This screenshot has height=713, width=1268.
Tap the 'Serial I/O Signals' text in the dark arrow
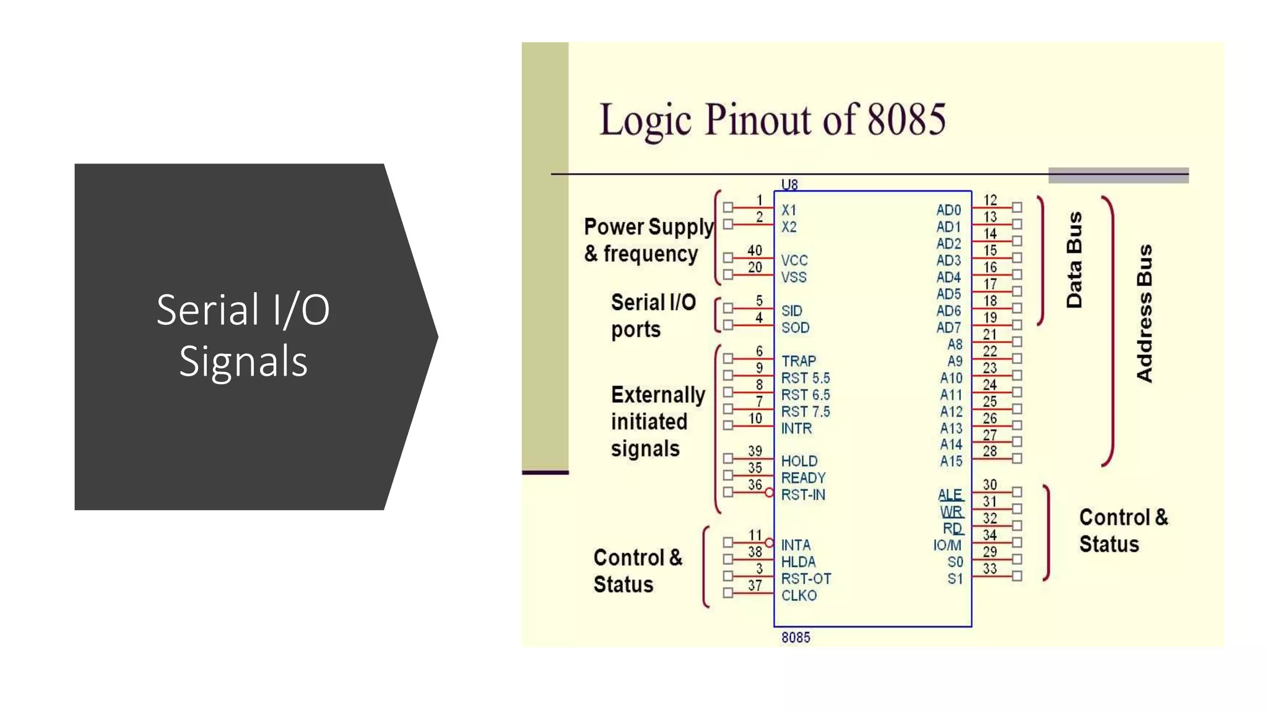pyautogui.click(x=243, y=335)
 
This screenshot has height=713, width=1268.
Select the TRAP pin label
pyautogui.click(x=798, y=361)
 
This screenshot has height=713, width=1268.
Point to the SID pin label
pyautogui.click(x=791, y=311)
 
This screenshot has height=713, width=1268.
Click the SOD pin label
pyautogui.click(x=795, y=327)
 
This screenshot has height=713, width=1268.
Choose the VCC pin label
pyautogui.click(x=794, y=260)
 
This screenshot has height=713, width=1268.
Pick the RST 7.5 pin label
pyautogui.click(x=805, y=412)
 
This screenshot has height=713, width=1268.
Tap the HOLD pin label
pyautogui.click(x=799, y=461)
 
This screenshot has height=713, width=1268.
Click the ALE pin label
pyautogui.click(x=950, y=495)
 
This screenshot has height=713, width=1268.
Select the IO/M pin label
pyautogui.click(x=947, y=545)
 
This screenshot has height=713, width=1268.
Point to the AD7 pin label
pyautogui.click(x=949, y=327)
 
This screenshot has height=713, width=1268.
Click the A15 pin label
pyautogui.click(x=951, y=461)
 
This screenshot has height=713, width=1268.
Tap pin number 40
pyautogui.click(x=754, y=251)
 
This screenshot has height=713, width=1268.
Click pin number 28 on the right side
pyautogui.click(x=990, y=451)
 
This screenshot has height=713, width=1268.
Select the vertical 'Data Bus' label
pyautogui.click(x=1074, y=260)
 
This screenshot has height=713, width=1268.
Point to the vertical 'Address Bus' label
pyautogui.click(x=1145, y=313)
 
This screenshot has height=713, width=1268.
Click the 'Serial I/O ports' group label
pyautogui.click(x=653, y=316)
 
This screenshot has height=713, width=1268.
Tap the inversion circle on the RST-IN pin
pyautogui.click(x=769, y=493)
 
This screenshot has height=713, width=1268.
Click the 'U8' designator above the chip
pyautogui.click(x=789, y=184)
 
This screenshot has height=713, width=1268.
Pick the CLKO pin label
pyautogui.click(x=799, y=595)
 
